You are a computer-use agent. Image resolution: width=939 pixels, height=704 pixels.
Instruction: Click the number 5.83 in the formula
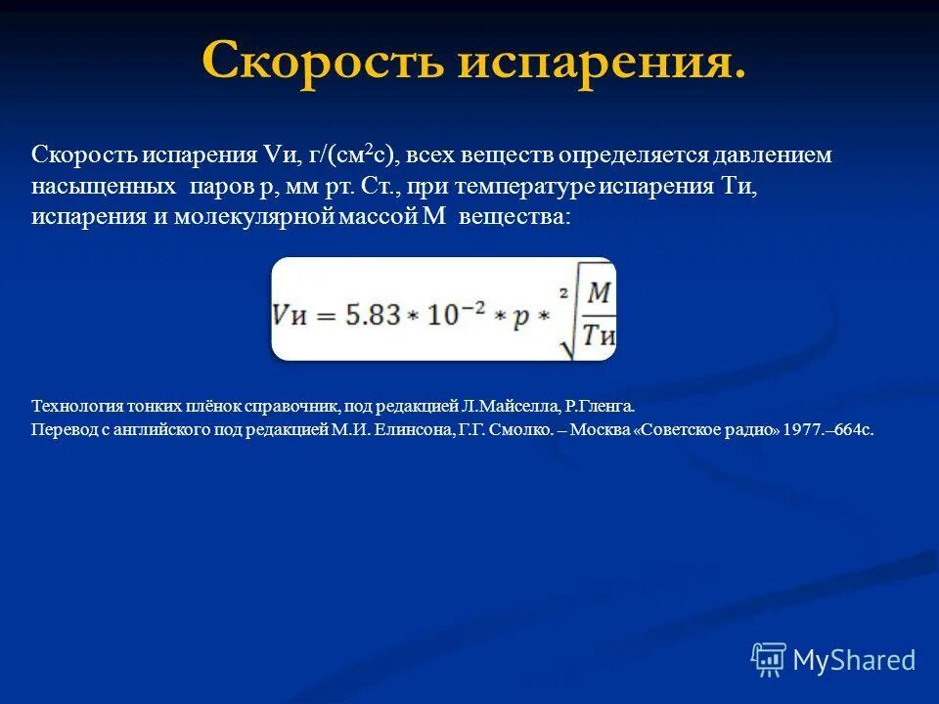pos(373,314)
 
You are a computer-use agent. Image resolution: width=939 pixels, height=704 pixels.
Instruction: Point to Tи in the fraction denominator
pos(598,335)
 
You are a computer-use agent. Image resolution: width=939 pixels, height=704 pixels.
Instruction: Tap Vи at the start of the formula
pos(293,314)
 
